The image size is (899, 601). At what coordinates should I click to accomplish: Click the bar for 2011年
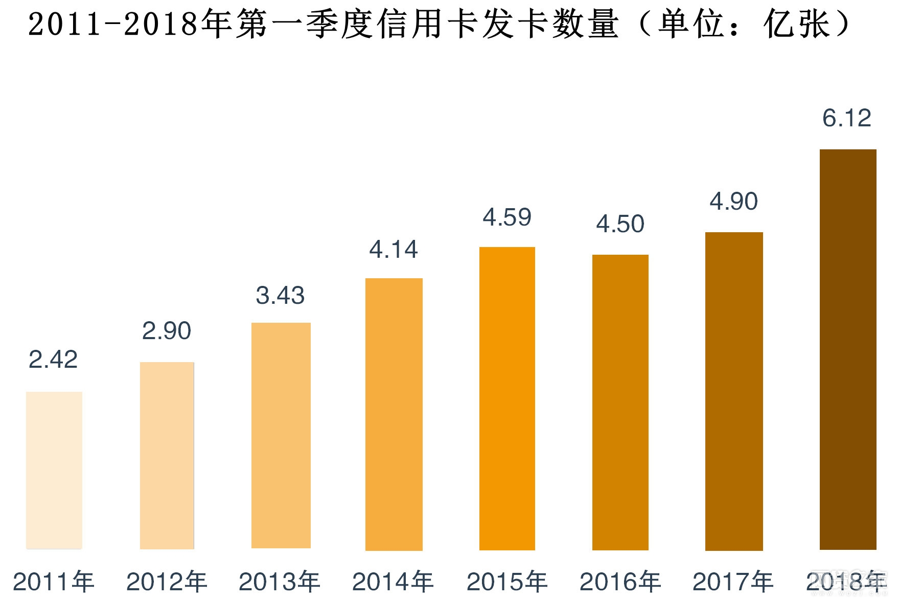coord(54,470)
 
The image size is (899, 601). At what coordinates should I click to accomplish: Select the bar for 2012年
coord(167,455)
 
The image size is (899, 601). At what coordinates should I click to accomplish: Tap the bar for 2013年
coord(281,435)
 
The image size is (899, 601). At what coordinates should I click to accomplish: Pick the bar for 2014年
coord(394,414)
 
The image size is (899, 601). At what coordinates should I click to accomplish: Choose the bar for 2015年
coord(507,398)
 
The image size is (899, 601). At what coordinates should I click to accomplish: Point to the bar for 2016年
coord(620,402)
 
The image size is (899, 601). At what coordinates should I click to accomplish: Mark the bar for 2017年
coord(734,391)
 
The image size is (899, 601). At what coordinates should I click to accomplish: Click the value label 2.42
coord(53,359)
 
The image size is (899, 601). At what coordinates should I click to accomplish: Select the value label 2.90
coord(167,331)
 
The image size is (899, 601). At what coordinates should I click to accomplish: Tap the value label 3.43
coord(280,296)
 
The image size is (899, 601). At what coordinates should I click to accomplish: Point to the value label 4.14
coord(394,250)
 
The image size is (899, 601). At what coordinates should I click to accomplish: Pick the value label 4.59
coord(507,217)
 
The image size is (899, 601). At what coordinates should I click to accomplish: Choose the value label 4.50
coord(620,224)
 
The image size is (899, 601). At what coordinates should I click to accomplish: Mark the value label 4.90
coord(734,202)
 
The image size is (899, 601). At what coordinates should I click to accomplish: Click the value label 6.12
coord(847,118)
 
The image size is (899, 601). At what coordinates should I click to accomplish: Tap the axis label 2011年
coord(54,582)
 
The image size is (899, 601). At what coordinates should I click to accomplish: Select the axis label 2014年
coord(393,582)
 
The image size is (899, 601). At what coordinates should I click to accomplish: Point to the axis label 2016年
coord(620,582)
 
